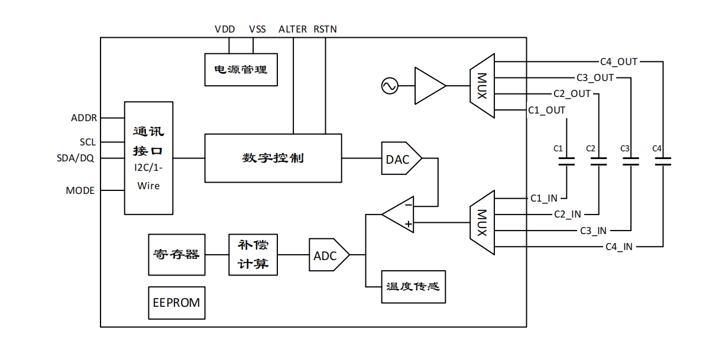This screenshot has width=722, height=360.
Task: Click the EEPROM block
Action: (x=176, y=303)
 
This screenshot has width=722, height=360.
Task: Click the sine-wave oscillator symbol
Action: (x=390, y=86)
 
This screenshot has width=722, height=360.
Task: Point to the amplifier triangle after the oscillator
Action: (x=428, y=86)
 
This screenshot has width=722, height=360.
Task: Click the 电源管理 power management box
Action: (x=241, y=69)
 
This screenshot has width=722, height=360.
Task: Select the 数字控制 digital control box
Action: (x=273, y=158)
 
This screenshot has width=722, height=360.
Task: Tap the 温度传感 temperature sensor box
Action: (x=413, y=287)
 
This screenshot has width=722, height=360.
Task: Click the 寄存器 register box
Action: (x=177, y=255)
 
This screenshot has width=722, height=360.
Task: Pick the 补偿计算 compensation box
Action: (x=253, y=255)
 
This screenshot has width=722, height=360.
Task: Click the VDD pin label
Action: (x=225, y=29)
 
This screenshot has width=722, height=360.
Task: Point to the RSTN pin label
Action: (x=325, y=29)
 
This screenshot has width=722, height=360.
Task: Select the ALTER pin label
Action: (x=293, y=29)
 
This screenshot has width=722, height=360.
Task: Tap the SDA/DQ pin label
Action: (x=75, y=158)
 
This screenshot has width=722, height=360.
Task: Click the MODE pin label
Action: (x=80, y=190)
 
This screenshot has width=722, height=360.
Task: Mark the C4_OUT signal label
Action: (x=619, y=61)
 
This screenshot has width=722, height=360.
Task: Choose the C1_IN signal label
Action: (x=543, y=198)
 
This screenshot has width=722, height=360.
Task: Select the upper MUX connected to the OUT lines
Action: (x=482, y=86)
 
